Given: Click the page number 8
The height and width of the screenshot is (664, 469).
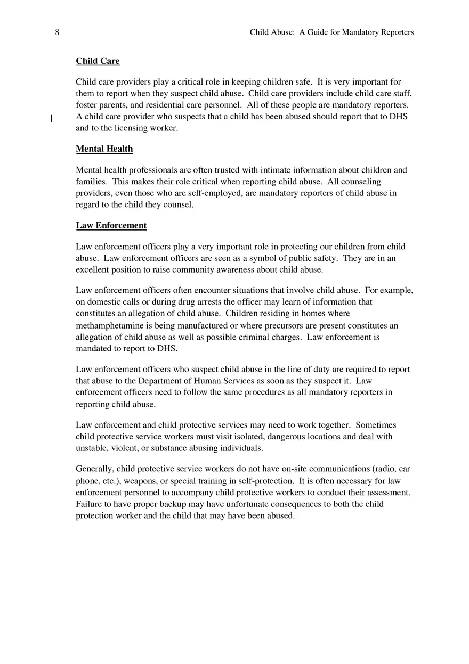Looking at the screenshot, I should [57, 32].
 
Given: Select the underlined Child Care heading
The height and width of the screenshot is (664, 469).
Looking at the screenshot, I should [98, 61].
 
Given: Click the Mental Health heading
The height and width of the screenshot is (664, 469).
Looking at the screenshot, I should [104, 149].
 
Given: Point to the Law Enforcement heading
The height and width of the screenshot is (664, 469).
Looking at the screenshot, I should [111, 225].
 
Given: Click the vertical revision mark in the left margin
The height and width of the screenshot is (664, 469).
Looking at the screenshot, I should [51, 119].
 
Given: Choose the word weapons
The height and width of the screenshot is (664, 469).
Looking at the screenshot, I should [141, 481].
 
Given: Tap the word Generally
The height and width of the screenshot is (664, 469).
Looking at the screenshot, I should [95, 469].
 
